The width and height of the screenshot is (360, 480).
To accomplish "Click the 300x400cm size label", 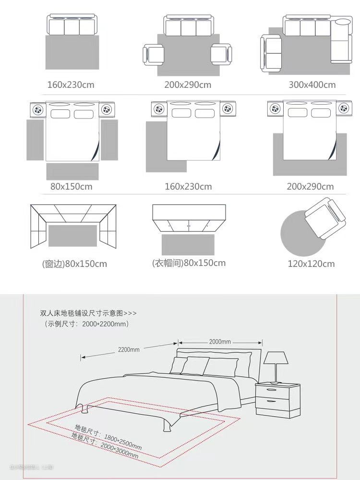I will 312,85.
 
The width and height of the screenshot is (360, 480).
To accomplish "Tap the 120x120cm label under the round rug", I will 311,264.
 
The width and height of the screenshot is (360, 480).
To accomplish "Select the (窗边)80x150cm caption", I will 74,264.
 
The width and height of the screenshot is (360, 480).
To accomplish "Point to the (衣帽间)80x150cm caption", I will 189,263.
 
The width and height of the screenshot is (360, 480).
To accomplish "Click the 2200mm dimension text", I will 129,349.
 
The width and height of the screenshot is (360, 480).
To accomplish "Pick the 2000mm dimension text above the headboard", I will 220,342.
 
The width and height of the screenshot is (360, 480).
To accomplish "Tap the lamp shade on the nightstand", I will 276,358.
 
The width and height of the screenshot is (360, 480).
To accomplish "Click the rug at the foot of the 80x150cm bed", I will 72,171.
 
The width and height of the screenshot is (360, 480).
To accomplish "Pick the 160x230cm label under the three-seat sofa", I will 71,85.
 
